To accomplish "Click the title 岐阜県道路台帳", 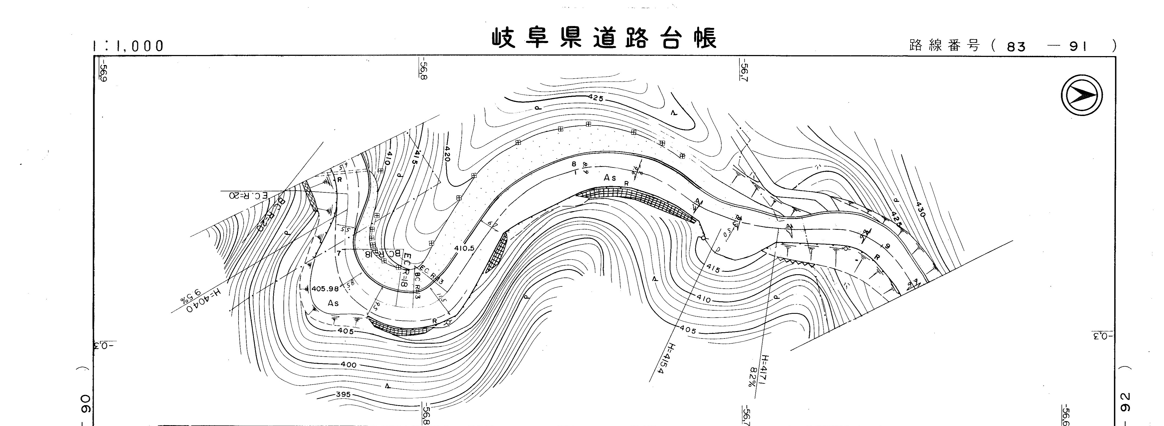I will click(x=604, y=38).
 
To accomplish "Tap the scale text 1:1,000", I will click(x=128, y=46).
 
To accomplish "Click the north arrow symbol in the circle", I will click(x=1081, y=95).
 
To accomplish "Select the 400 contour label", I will click(x=348, y=364).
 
